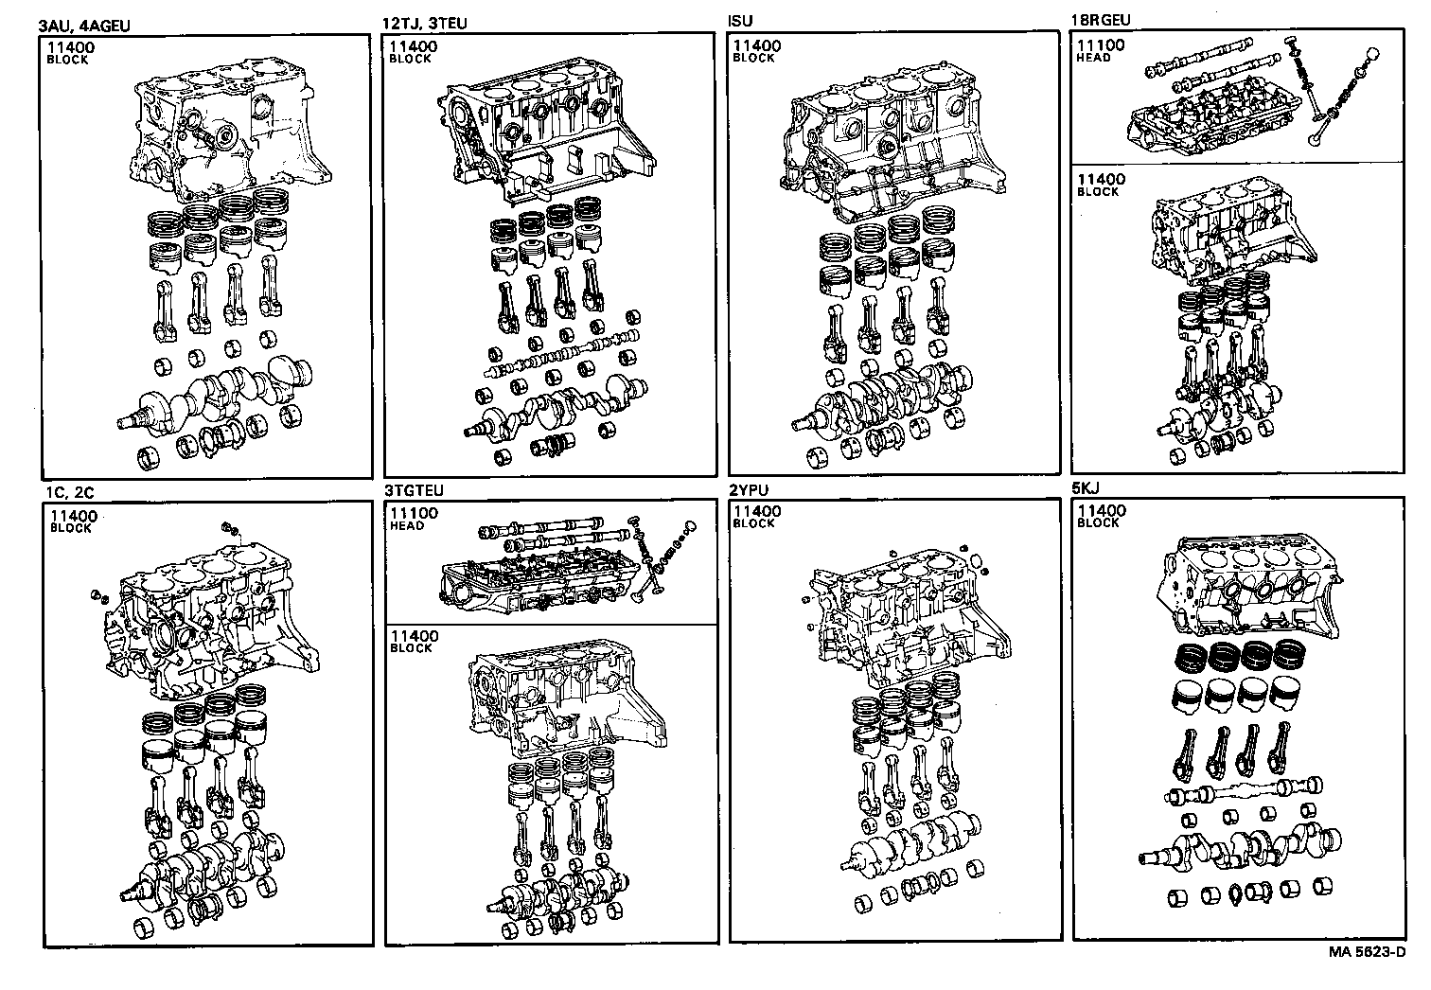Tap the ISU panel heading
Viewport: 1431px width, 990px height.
pyautogui.click(x=741, y=21)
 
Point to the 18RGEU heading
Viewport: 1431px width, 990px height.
pyautogui.click(x=1100, y=20)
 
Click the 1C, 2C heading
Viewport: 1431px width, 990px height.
pyautogui.click(x=69, y=492)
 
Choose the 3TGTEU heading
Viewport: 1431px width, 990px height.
pyautogui.click(x=414, y=491)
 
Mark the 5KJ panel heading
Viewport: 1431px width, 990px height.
pyautogui.click(x=1086, y=489)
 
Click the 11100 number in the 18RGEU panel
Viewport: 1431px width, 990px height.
pyautogui.click(x=1101, y=45)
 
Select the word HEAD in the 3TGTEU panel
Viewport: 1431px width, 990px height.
pyautogui.click(x=407, y=526)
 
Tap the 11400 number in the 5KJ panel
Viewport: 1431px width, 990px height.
pyautogui.click(x=1101, y=511)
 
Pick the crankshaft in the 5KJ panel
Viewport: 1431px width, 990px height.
pyautogui.click(x=1240, y=843)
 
